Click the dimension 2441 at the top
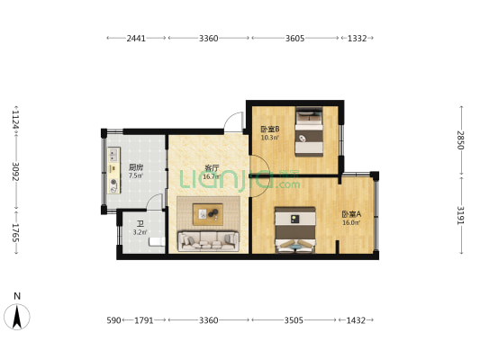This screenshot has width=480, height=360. point(136,38)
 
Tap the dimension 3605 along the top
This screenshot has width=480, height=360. point(294,38)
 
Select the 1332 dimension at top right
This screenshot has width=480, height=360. point(358,38)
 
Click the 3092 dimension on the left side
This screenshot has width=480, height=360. point(15,171)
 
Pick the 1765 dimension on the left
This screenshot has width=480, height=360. point(15,233)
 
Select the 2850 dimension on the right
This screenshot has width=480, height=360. point(461,140)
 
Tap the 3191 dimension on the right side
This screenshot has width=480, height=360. point(461,215)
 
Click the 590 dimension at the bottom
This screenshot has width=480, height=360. point(113,320)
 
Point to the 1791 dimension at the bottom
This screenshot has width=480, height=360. point(144,320)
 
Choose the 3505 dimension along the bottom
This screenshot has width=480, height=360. point(294,320)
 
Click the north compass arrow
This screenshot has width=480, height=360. point(17,317)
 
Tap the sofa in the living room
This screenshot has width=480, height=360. point(208,241)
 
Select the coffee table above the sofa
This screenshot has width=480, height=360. point(208,214)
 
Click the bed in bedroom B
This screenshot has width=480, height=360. point(309,131)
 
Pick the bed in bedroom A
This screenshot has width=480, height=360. point(295,230)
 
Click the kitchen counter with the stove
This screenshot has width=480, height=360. point(113,170)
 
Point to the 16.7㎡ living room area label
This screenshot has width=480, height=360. point(212,176)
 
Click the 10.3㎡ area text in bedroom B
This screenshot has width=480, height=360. point(269,138)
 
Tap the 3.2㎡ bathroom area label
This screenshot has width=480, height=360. point(140,232)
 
